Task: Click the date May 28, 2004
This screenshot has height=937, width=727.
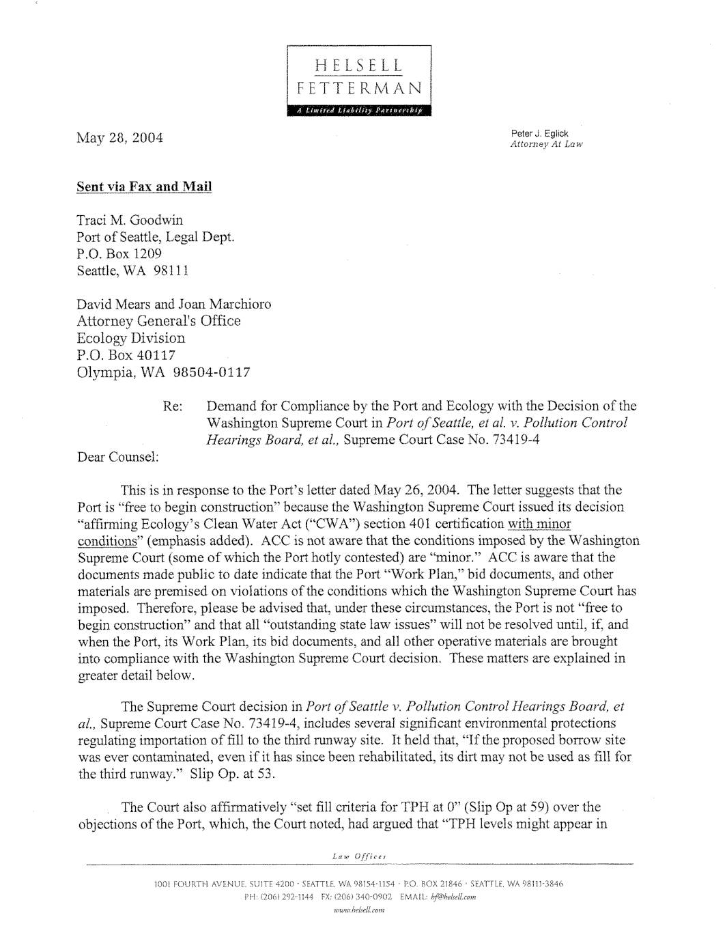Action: point(119,138)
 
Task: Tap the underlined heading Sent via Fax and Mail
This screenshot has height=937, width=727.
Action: point(144,187)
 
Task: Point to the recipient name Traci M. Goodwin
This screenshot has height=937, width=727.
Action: point(130,220)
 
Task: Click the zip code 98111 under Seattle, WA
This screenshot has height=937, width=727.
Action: point(171,270)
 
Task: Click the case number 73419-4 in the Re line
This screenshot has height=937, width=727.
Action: point(515,440)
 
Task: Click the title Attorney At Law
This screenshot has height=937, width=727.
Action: point(546,144)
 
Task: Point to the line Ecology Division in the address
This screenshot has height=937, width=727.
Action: point(130,338)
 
